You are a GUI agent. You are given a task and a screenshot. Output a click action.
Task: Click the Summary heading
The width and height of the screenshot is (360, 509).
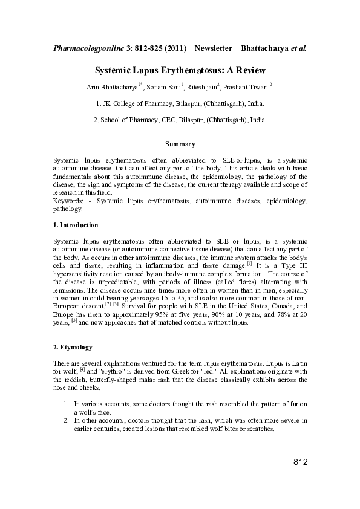click(x=180, y=144)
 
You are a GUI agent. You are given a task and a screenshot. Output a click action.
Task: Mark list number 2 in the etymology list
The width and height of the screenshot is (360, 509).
click(x=66, y=420)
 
